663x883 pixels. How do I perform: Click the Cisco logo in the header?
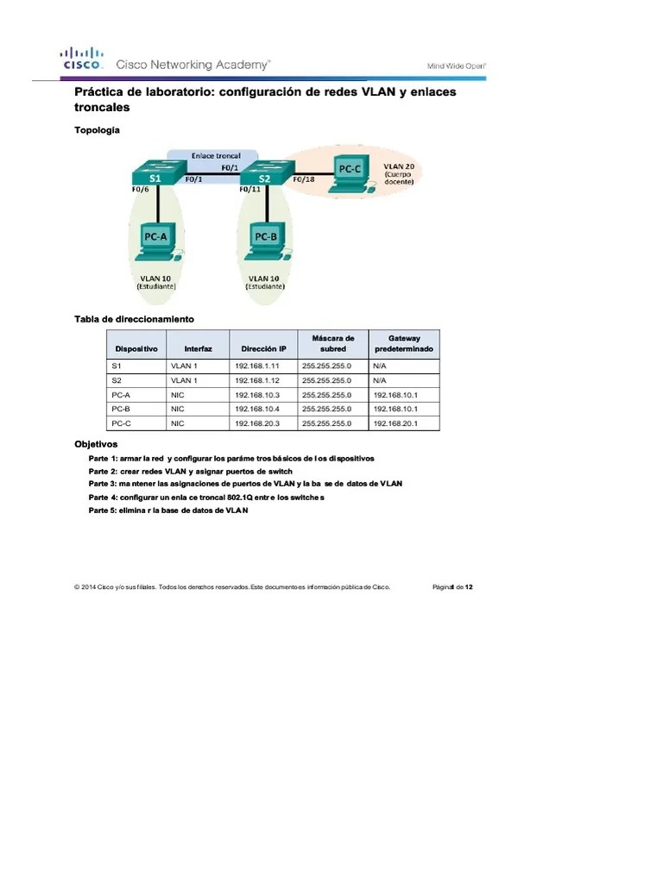click(82, 58)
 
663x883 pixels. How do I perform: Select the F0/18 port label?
click(304, 179)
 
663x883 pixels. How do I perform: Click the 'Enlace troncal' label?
click(215, 156)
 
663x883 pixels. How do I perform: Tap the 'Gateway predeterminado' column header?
click(403, 343)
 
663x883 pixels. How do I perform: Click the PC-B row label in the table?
click(121, 409)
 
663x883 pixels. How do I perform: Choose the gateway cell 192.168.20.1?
click(395, 423)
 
